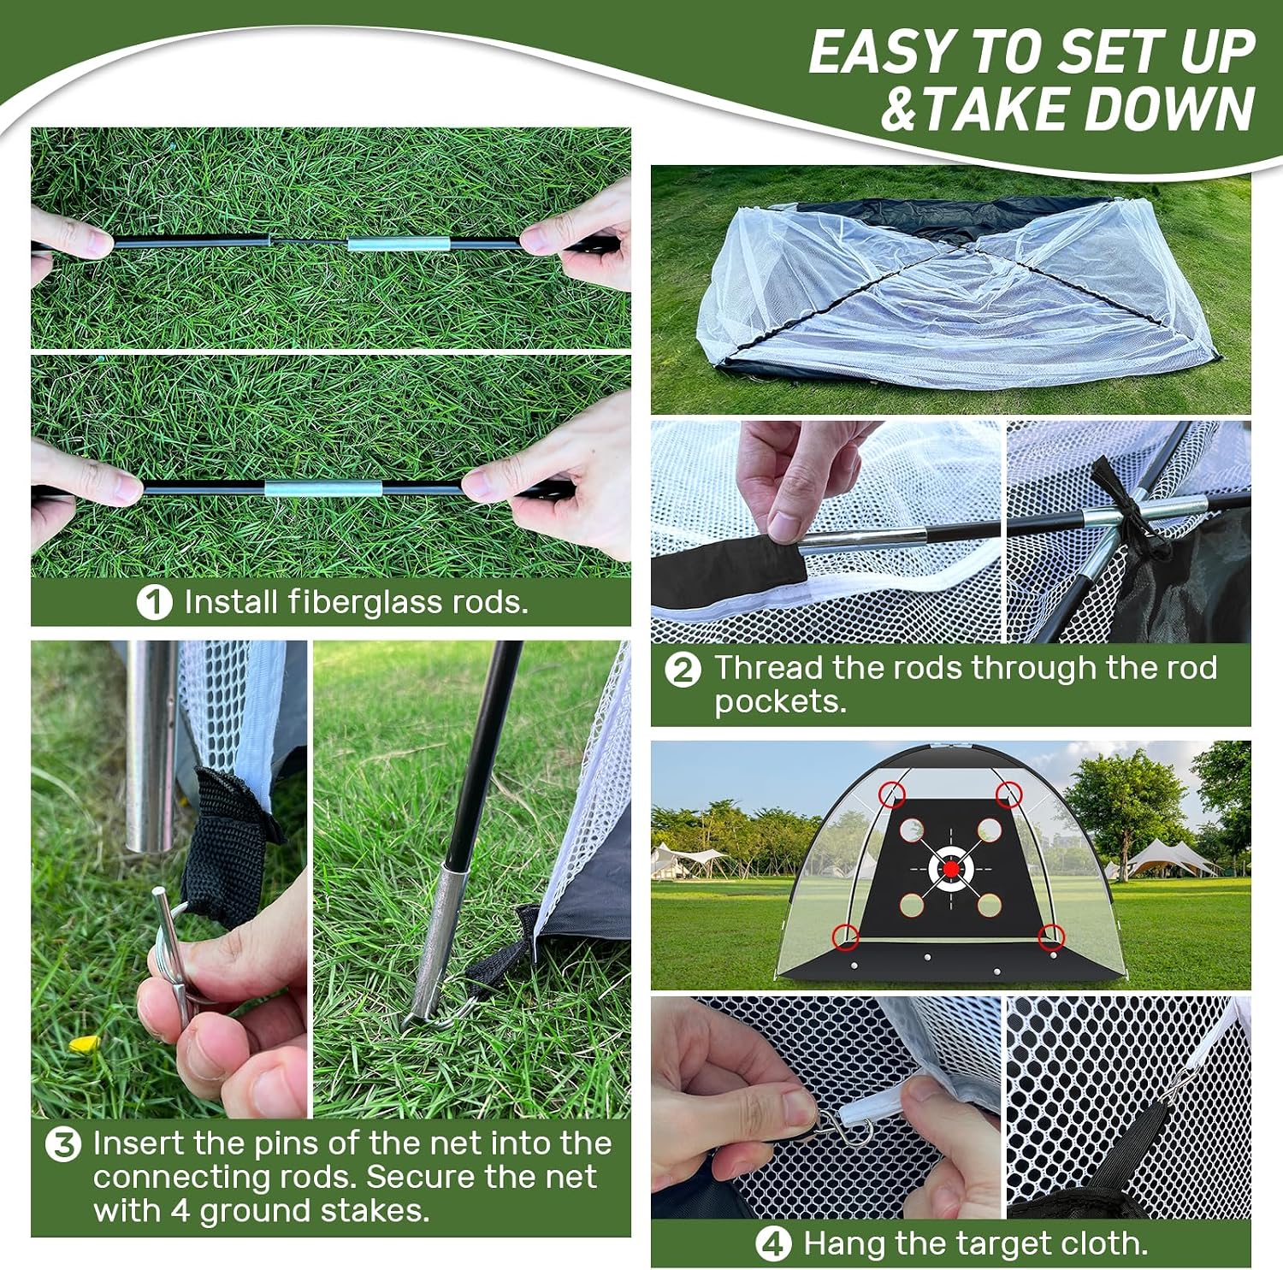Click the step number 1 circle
(x=154, y=602)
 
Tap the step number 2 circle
(x=683, y=670)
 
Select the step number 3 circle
(x=63, y=1144)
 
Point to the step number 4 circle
(x=773, y=1244)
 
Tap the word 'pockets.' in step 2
(x=780, y=703)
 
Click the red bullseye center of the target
(x=951, y=869)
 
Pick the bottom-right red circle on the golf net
(x=1051, y=937)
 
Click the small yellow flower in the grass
(x=84, y=1044)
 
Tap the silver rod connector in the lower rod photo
(x=301, y=489)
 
